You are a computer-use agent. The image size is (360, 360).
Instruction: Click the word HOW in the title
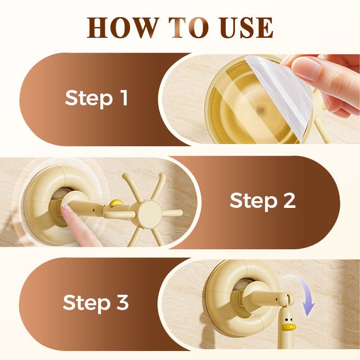[x=123, y=27]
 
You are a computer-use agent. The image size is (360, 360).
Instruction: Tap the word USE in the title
[x=246, y=27]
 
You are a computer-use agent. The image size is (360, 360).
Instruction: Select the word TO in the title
[x=189, y=27]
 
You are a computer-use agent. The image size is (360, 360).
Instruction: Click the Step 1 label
[x=96, y=98]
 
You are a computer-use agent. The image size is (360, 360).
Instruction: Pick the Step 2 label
[x=262, y=201]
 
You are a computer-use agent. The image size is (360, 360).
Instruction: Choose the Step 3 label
[x=96, y=303]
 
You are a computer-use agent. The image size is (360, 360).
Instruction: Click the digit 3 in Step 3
[x=122, y=302]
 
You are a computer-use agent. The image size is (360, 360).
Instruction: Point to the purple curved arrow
[x=303, y=294]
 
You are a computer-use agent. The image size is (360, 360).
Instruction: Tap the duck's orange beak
[x=288, y=327]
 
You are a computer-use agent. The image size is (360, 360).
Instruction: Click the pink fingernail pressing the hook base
[x=67, y=208]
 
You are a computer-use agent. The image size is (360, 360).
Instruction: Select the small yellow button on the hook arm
[x=116, y=203]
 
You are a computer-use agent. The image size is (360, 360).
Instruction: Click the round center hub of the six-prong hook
[x=150, y=215]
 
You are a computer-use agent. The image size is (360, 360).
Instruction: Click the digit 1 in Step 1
[x=124, y=97]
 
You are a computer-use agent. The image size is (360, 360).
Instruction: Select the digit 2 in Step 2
[x=289, y=200]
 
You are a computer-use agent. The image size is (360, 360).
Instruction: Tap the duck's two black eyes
[x=289, y=319]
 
